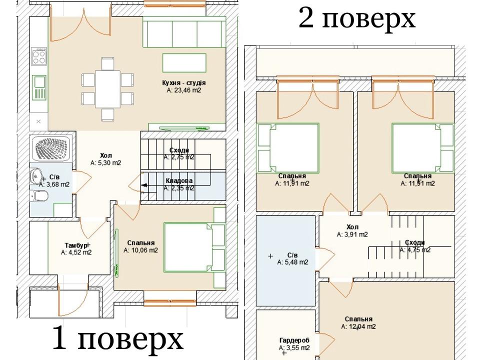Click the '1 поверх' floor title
(118, 338)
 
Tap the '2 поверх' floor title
(357, 18)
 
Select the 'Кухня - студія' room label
(184, 83)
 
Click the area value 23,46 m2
(184, 90)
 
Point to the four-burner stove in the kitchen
(39, 56)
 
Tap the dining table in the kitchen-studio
(107, 89)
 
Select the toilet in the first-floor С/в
(40, 196)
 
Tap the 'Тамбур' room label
(76, 245)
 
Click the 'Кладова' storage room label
(179, 181)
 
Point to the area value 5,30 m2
(106, 163)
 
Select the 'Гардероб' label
(294, 340)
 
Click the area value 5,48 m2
(292, 262)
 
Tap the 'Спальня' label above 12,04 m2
(358, 319)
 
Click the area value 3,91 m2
(352, 234)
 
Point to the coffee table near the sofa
(184, 63)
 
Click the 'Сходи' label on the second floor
(415, 242)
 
